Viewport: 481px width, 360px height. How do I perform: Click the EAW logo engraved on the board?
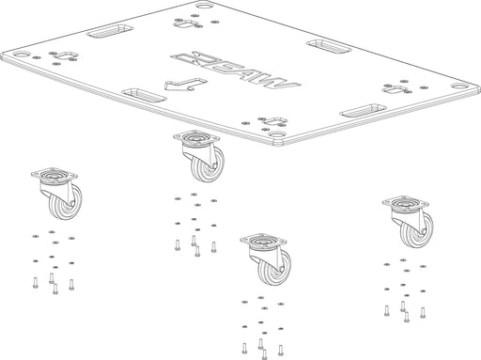click(x=236, y=70)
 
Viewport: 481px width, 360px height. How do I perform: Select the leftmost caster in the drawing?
click(x=57, y=194)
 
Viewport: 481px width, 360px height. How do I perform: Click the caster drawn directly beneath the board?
click(x=199, y=156)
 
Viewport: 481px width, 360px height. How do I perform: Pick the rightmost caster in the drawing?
click(x=408, y=222)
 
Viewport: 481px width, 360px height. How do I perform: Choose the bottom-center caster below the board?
click(x=266, y=259)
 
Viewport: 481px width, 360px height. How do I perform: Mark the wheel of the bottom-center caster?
click(x=274, y=268)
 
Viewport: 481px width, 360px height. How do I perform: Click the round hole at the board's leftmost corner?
click(x=21, y=55)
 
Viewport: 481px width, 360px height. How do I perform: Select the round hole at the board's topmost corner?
click(x=205, y=6)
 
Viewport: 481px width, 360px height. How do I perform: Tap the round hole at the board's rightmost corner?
click(x=458, y=86)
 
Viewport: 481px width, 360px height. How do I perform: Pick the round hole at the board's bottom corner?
click(x=276, y=135)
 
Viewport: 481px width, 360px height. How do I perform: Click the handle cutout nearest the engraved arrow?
click(x=144, y=95)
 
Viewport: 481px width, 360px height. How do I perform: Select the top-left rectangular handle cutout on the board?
click(x=110, y=31)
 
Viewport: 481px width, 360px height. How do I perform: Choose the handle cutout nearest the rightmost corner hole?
click(x=364, y=111)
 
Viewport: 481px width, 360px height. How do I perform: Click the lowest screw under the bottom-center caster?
click(x=265, y=354)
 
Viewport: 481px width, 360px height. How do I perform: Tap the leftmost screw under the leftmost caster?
click(x=35, y=282)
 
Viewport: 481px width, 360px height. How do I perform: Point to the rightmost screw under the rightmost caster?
click(x=423, y=313)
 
